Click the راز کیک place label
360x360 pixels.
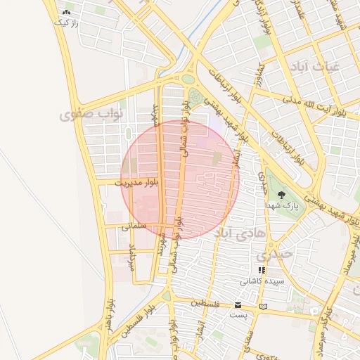tap(65, 22)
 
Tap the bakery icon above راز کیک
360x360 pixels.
tap(66, 12)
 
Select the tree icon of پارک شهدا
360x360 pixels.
tap(282, 194)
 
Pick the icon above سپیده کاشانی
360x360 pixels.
tap(262, 270)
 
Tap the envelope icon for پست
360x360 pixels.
tap(238, 305)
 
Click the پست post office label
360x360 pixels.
tap(238, 315)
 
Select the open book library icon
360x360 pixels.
tap(264, 306)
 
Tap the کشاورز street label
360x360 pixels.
tap(260, 75)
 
